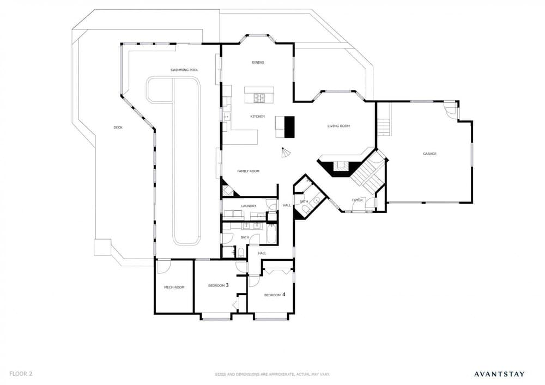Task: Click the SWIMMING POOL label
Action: (x=184, y=70)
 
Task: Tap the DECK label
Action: (x=118, y=128)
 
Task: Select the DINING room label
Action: (x=258, y=63)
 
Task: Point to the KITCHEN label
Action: (x=258, y=117)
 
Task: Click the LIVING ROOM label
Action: (x=338, y=126)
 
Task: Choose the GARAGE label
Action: (x=429, y=154)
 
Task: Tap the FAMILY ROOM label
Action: (x=248, y=171)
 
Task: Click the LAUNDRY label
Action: (x=249, y=206)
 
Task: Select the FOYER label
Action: (x=357, y=200)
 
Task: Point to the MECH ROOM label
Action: (x=174, y=288)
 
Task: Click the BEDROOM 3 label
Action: (x=219, y=285)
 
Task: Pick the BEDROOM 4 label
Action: (x=275, y=295)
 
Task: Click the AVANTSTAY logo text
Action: (x=499, y=374)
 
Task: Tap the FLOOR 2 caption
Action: (x=21, y=374)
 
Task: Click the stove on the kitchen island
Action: (x=259, y=99)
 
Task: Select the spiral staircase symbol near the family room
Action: (x=286, y=152)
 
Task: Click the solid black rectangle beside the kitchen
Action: (x=289, y=127)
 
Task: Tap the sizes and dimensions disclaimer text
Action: (x=272, y=375)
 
